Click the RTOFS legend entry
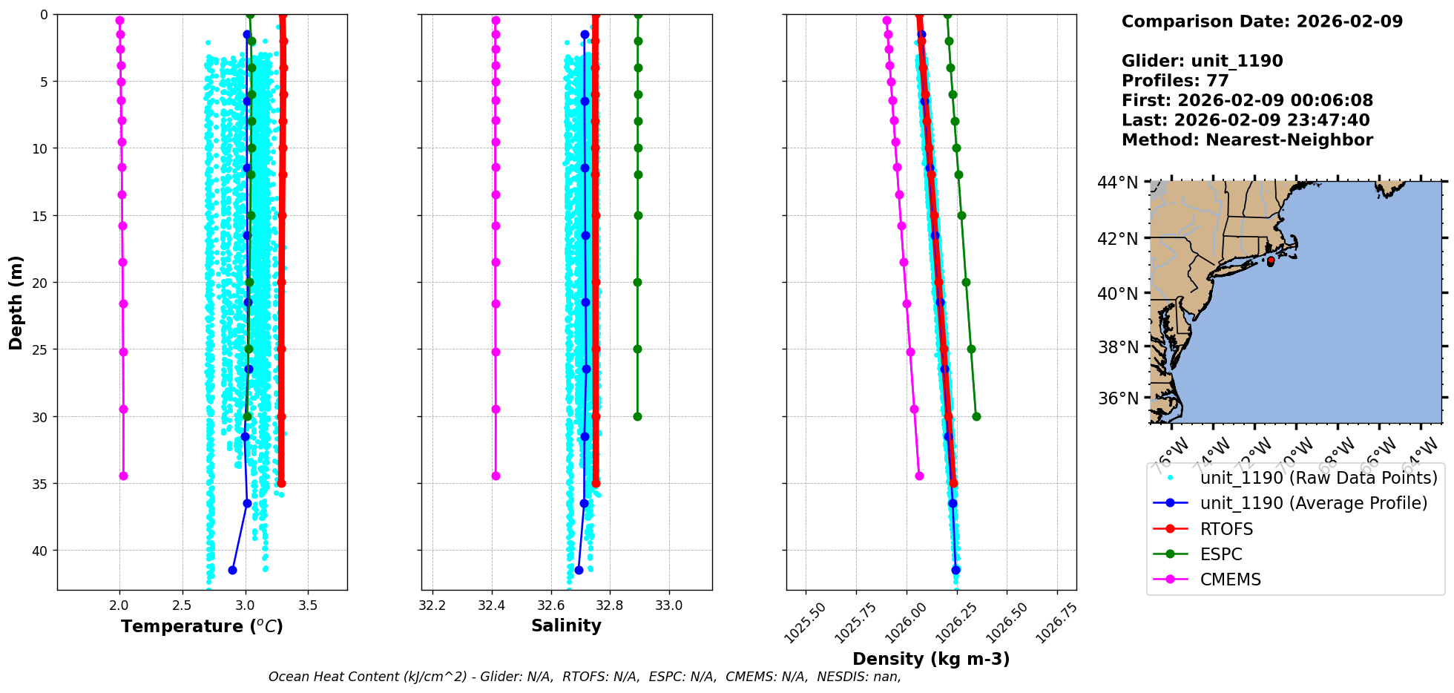[1226, 529]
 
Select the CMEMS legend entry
[1230, 579]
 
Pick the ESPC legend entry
[1220, 554]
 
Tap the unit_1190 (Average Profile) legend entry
[1313, 503]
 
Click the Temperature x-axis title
[202, 626]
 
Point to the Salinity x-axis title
[566, 625]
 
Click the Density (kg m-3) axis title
[931, 659]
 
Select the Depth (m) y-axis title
[16, 303]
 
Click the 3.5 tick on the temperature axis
[308, 605]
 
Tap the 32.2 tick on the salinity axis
[432, 605]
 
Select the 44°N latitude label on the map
[1117, 183]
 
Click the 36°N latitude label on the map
[1117, 398]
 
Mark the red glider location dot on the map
[1271, 261]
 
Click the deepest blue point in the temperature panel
[232, 570]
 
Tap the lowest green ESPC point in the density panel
[976, 416]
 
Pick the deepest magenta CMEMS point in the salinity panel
[496, 476]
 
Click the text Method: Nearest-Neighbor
[1247, 139]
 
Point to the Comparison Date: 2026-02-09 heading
[1262, 22]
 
